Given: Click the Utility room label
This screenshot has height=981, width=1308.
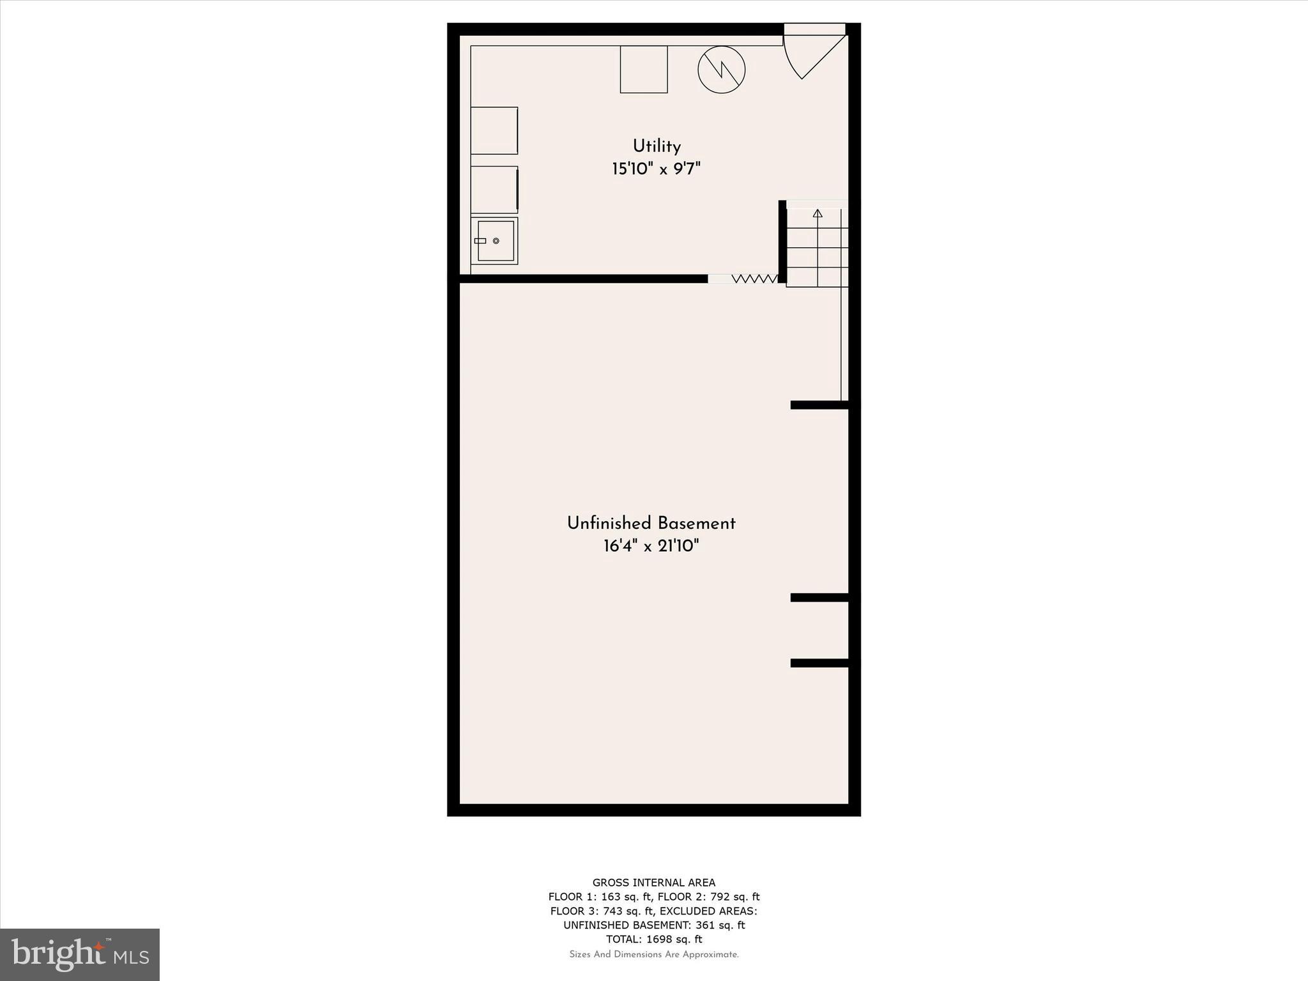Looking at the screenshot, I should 657,146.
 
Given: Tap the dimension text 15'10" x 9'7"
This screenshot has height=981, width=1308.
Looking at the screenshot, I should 657,169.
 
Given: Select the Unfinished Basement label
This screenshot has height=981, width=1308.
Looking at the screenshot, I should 651,524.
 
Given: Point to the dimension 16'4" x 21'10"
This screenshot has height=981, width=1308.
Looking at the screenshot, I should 651,546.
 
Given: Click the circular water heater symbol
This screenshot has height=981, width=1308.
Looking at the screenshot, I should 722,70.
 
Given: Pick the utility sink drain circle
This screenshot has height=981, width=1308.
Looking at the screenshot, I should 496,241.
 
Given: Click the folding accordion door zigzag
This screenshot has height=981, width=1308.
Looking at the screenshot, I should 754,279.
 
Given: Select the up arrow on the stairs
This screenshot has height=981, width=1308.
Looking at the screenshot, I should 817,213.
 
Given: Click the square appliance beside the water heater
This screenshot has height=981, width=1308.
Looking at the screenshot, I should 644,69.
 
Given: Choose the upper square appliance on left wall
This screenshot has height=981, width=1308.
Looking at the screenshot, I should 494,130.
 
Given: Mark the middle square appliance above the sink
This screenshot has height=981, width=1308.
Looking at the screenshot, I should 494,190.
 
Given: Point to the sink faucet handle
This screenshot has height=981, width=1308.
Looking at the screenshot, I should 480,241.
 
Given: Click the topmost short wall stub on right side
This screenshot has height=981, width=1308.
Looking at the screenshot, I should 819,405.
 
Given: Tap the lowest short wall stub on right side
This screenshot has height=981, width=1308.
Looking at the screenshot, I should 819,663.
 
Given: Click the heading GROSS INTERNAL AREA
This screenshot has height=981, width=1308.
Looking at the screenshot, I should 654,883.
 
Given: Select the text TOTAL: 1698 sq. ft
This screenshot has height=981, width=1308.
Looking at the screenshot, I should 654,939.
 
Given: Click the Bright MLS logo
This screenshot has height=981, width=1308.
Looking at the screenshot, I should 80,954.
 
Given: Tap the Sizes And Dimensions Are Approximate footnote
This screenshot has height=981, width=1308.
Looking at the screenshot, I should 654,955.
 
